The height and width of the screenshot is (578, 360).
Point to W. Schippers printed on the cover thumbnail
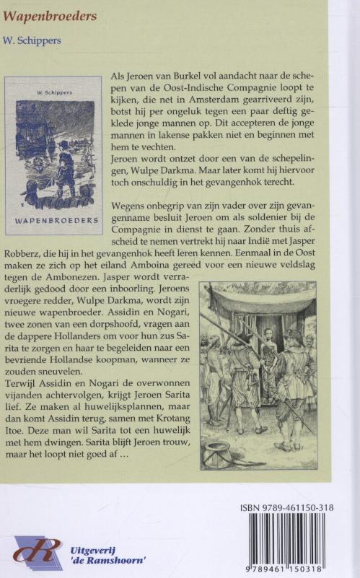coord(54,92)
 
